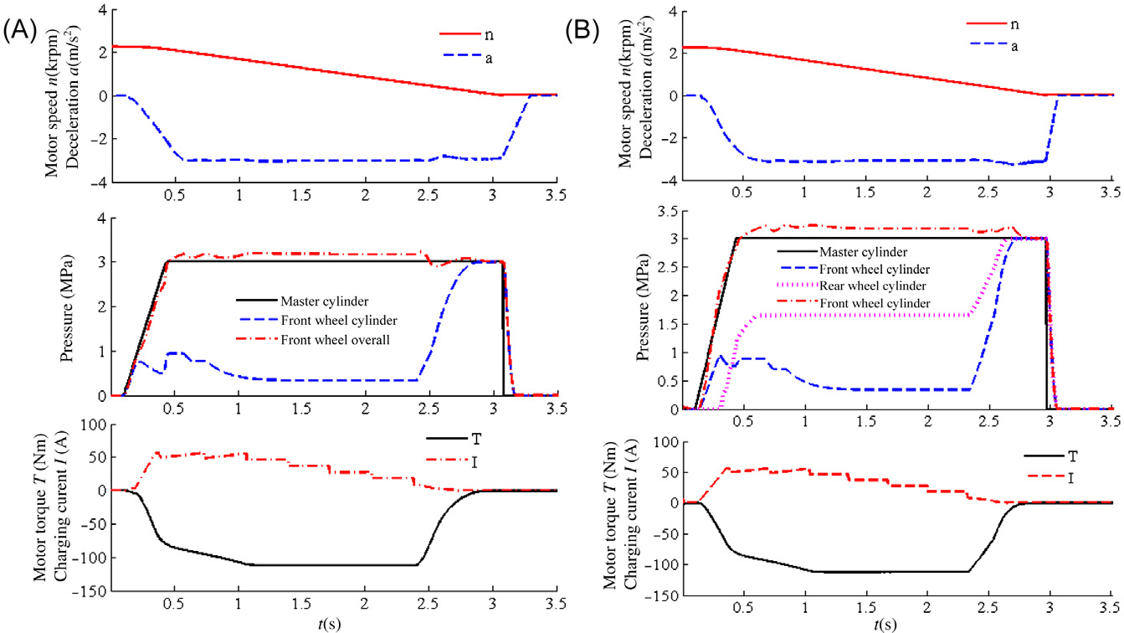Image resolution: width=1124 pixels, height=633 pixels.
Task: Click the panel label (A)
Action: tap(18, 33)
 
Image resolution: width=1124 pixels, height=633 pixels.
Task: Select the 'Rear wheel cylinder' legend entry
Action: tap(841, 286)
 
